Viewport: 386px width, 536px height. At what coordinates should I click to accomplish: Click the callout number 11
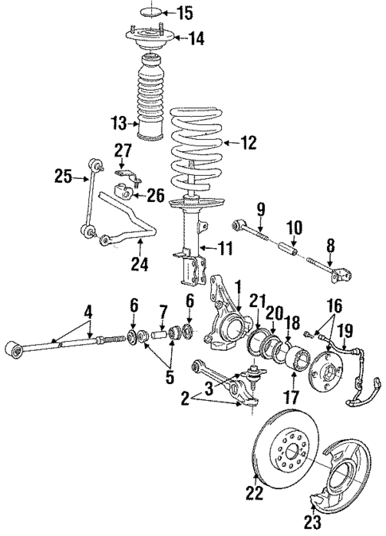[225, 250]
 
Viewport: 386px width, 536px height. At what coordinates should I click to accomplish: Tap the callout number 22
[255, 493]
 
